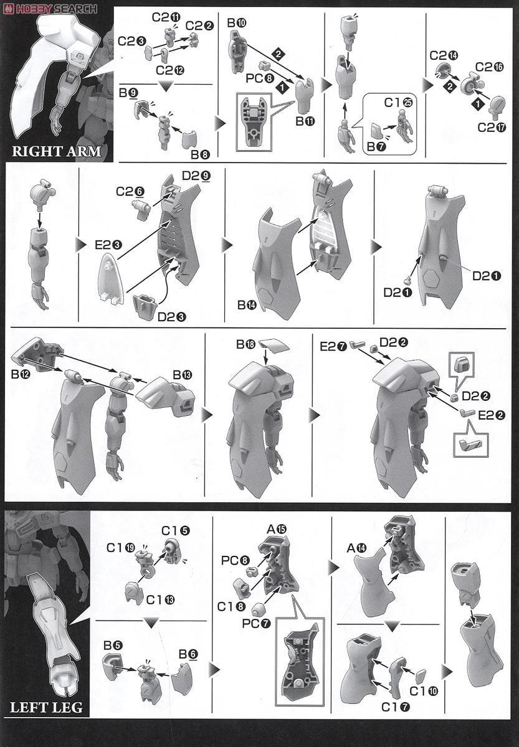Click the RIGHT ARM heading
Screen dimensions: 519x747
tap(57, 151)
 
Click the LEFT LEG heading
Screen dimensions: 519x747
tap(46, 707)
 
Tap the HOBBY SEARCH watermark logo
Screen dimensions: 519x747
tap(50, 8)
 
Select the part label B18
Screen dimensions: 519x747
tap(245, 344)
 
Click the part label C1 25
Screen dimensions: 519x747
tap(398, 103)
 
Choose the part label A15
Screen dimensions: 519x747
tap(277, 529)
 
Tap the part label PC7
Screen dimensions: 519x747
tap(256, 622)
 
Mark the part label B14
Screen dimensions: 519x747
tap(247, 305)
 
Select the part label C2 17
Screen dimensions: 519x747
tap(492, 127)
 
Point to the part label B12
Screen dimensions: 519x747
tap(21, 375)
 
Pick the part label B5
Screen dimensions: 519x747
tap(113, 646)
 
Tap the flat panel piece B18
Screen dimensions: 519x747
tap(274, 344)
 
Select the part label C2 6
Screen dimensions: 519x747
tap(130, 192)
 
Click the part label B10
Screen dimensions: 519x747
tap(236, 23)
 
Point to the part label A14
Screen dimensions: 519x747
tap(357, 548)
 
